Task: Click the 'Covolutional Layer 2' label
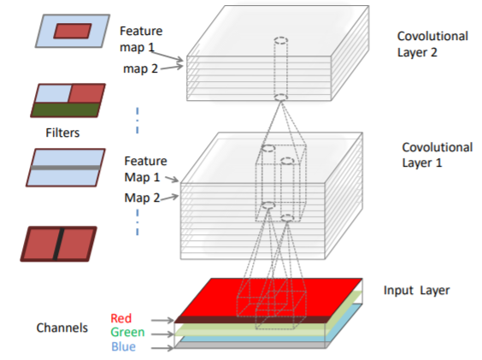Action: pyautogui.click(x=432, y=44)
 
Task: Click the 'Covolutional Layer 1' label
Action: pyautogui.click(x=436, y=154)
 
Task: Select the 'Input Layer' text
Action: pyautogui.click(x=415, y=291)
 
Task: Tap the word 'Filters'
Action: pyautogui.click(x=64, y=133)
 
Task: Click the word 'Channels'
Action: pyautogui.click(x=62, y=327)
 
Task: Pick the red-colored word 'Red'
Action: pyautogui.click(x=122, y=317)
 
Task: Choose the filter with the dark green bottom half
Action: pyautogui.click(x=67, y=100)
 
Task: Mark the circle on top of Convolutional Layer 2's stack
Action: pyautogui.click(x=280, y=40)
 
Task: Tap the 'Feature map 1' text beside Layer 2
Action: pyautogui.click(x=141, y=38)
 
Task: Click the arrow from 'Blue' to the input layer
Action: pyautogui.click(x=159, y=347)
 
